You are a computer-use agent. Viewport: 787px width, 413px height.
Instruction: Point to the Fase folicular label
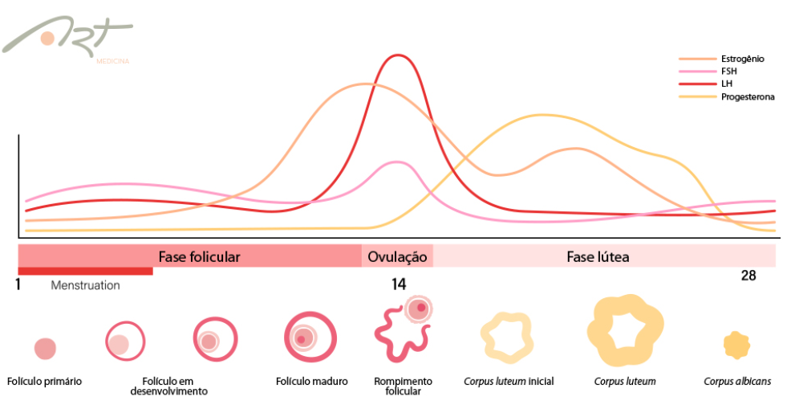coord(199,257)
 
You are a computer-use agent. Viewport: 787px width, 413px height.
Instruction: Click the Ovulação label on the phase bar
coord(397,257)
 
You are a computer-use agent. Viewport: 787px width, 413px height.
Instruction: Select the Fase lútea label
coord(598,257)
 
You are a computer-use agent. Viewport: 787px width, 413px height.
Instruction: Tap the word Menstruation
coord(85,285)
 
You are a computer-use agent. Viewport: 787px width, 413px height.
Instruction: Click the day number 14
coord(399,284)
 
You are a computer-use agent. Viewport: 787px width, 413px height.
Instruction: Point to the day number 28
coord(748,276)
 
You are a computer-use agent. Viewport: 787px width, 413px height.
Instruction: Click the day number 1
coord(18,284)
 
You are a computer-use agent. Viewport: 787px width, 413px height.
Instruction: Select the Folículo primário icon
coord(45,348)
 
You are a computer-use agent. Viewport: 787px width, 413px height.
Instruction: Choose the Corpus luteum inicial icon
coord(507,336)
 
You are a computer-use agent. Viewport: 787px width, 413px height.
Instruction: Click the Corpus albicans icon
coord(736,345)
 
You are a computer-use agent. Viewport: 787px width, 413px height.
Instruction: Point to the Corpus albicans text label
coord(737,382)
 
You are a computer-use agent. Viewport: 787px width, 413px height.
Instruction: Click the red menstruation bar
coord(85,271)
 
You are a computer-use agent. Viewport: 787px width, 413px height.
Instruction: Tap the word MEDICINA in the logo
coord(112,61)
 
